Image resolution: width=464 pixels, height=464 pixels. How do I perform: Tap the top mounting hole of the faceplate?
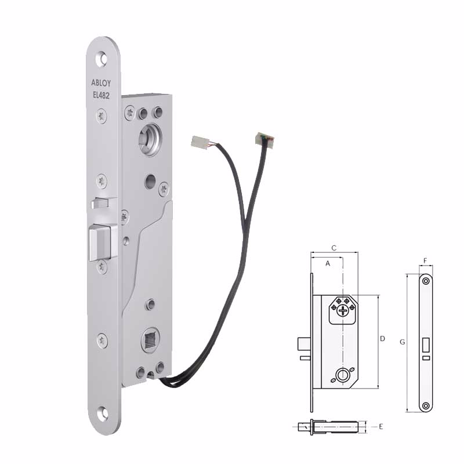[x=103, y=59]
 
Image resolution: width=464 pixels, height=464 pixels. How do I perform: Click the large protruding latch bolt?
[x=100, y=243]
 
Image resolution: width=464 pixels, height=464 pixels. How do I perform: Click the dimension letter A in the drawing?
[x=328, y=263]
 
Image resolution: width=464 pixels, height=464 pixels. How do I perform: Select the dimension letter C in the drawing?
[x=333, y=248]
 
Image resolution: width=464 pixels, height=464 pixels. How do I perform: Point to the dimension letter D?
[x=382, y=338]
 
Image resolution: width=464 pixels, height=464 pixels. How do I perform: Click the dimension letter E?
[x=381, y=427]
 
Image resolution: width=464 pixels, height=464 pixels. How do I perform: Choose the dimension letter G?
[x=402, y=342]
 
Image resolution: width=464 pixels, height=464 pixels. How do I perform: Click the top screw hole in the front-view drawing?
[x=426, y=281]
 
